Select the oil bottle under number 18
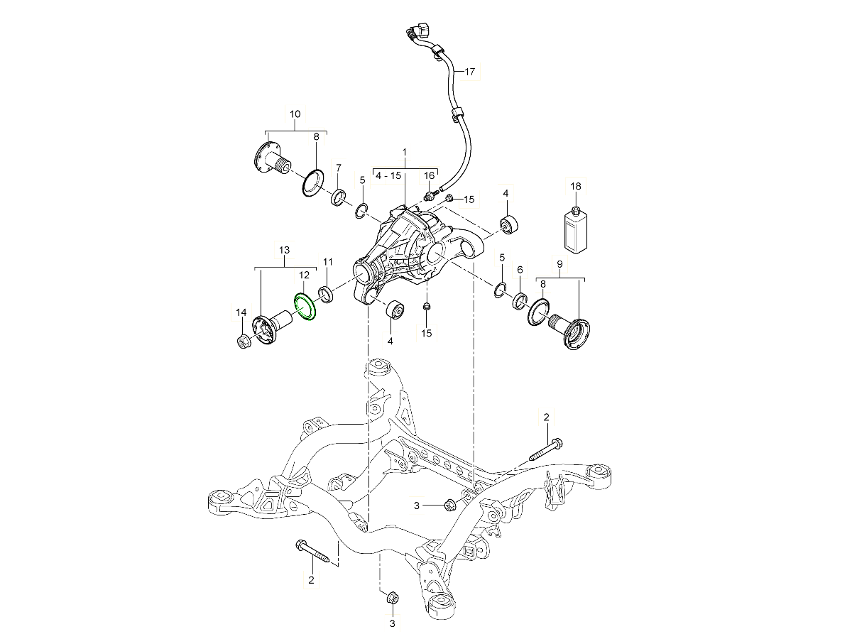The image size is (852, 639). (575, 231)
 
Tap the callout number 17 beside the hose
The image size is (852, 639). (470, 72)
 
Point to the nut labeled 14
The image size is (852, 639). (243, 342)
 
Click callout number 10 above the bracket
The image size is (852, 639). (295, 114)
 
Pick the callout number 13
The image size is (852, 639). (285, 250)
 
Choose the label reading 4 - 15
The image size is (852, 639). (388, 176)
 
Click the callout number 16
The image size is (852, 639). (429, 176)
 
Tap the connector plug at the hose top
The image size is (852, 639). (418, 31)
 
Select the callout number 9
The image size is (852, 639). (559, 264)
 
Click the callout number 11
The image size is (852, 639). (328, 262)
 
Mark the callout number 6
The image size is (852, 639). (520, 270)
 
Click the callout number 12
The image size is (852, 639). (304, 275)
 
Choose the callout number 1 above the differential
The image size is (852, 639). (405, 152)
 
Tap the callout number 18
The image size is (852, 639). (576, 186)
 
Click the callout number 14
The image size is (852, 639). (241, 312)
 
